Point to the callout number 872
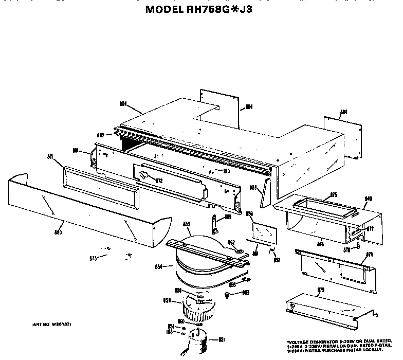(x=159, y=181)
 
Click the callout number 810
(x=226, y=170)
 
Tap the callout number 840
(x=368, y=199)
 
